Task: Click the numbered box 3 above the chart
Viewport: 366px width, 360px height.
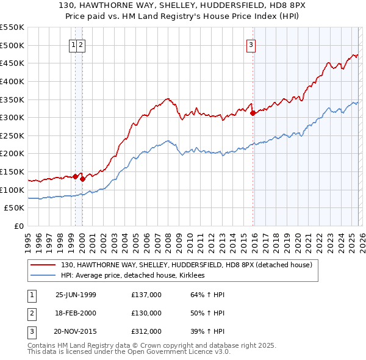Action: point(251,44)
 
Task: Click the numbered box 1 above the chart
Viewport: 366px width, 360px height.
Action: point(73,44)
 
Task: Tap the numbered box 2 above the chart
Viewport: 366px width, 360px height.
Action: point(81,44)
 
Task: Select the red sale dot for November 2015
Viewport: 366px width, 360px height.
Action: point(253,113)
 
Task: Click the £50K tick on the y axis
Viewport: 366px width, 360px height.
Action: point(15,208)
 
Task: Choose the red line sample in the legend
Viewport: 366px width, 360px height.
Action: point(43,265)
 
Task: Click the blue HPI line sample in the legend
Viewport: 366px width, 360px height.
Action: point(43,276)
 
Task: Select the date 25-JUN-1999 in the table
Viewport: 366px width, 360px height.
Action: point(76,295)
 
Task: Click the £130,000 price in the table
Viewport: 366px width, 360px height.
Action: point(146,313)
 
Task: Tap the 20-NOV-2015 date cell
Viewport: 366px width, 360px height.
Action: point(76,331)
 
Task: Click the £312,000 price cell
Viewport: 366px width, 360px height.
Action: point(146,331)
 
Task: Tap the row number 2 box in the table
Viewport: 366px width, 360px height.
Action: point(31,313)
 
